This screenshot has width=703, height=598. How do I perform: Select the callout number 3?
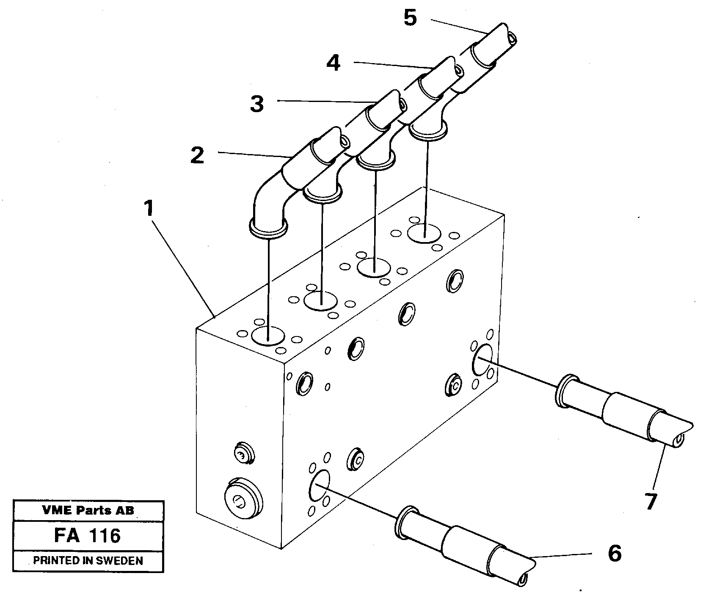tap(256, 104)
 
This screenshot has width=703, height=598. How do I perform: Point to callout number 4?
tap(334, 63)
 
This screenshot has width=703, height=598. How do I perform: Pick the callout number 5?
tap(410, 18)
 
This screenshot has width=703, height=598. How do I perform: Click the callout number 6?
tap(614, 554)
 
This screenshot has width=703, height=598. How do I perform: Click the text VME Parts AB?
tap(88, 510)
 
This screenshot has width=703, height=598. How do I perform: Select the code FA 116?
tap(88, 536)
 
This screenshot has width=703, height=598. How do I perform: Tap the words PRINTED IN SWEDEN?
tap(88, 561)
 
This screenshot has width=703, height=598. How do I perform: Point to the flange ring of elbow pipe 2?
tap(268, 227)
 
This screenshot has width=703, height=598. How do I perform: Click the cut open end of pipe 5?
tap(513, 39)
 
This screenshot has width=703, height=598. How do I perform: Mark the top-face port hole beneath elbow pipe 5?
tap(425, 234)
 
